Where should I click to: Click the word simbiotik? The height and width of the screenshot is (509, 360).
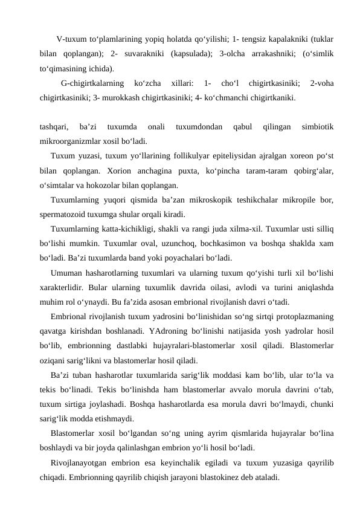click(317, 128)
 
